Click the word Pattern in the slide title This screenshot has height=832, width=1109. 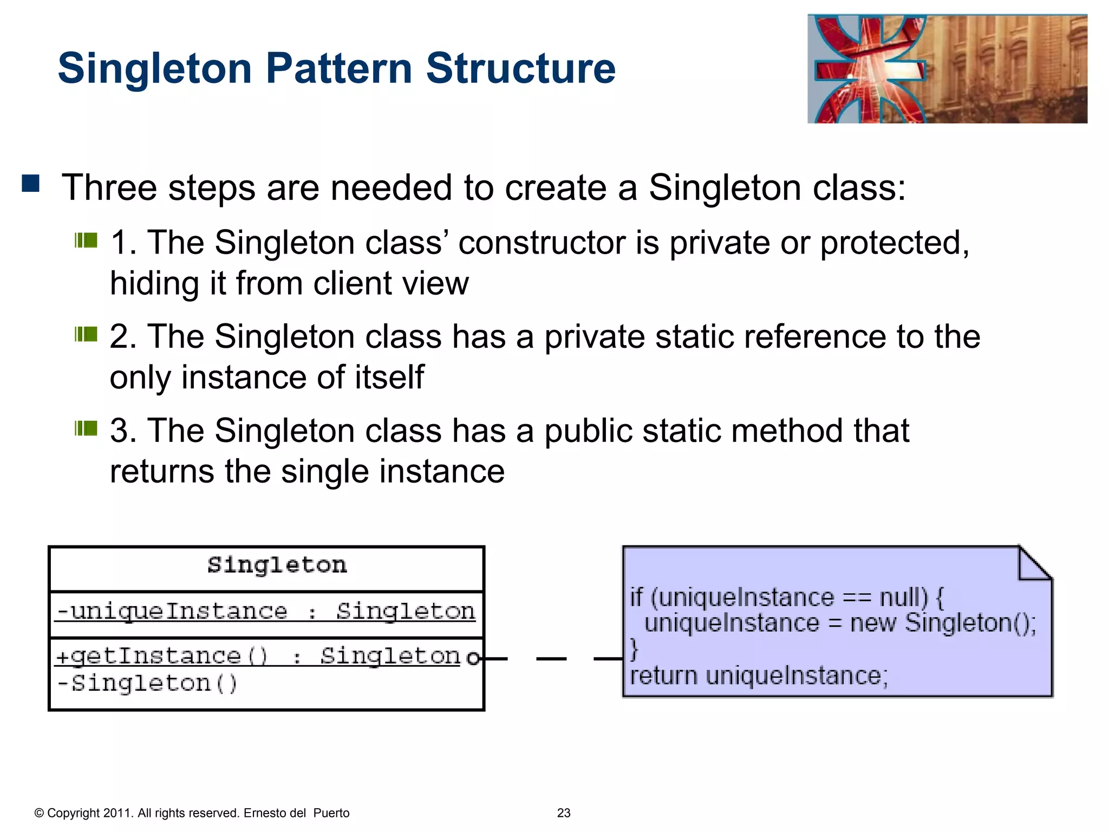(x=339, y=69)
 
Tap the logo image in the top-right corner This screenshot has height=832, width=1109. (x=947, y=69)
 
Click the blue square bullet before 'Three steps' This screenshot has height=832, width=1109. (x=31, y=184)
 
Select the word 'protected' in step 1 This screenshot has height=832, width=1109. (x=893, y=242)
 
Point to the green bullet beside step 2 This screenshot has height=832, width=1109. (x=86, y=334)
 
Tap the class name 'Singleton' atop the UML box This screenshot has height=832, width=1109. (x=277, y=565)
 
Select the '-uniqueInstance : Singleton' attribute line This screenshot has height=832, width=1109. (x=266, y=612)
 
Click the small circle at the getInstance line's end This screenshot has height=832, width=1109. (x=473, y=658)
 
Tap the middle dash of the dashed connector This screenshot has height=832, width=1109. (x=551, y=659)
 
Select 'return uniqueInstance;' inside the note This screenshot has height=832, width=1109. (x=759, y=676)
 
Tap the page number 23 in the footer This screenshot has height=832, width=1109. (x=564, y=813)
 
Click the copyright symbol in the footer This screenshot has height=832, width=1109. (x=39, y=813)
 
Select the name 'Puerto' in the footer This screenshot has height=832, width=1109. (x=331, y=813)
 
